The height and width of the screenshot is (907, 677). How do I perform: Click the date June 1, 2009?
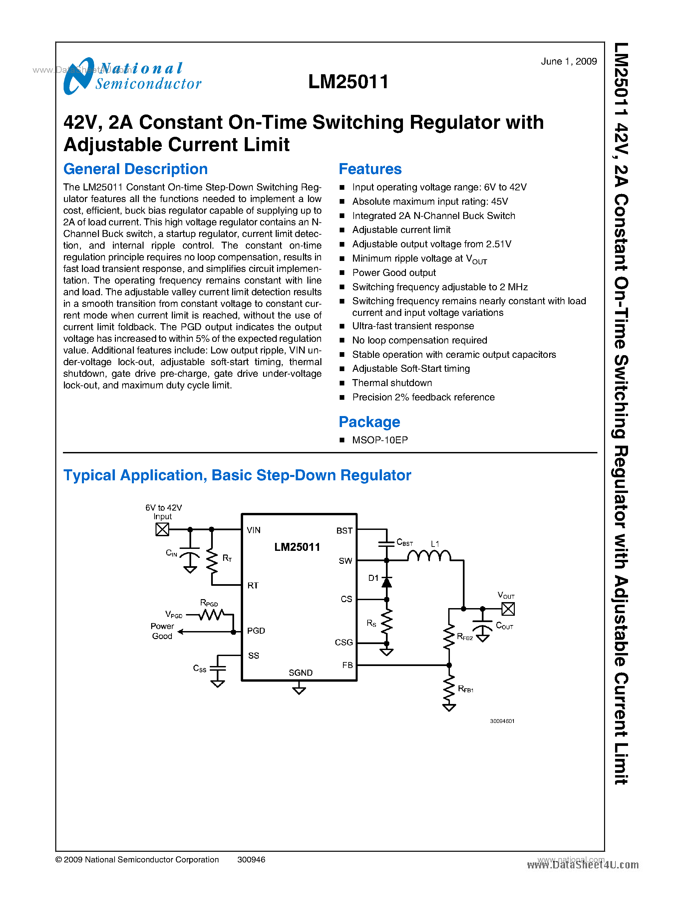pos(568,62)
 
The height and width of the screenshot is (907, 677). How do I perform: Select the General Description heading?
pos(135,169)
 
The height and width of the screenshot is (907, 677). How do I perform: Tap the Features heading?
pos(370,169)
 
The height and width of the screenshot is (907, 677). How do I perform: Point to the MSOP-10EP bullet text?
pos(380,440)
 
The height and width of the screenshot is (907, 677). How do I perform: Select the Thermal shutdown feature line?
pos(392,383)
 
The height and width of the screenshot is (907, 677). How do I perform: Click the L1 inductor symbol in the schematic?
pos(429,556)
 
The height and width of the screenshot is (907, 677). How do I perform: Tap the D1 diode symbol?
pos(386,582)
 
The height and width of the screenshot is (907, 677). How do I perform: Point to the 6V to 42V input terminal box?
pos(162,529)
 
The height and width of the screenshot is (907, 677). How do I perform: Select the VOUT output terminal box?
pos(508,609)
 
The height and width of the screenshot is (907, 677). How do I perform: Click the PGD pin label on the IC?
pos(256,631)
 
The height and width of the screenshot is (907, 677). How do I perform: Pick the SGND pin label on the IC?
pos(300,673)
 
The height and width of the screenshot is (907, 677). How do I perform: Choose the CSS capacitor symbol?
pos(217,668)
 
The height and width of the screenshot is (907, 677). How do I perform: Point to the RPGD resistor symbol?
pos(211,614)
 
